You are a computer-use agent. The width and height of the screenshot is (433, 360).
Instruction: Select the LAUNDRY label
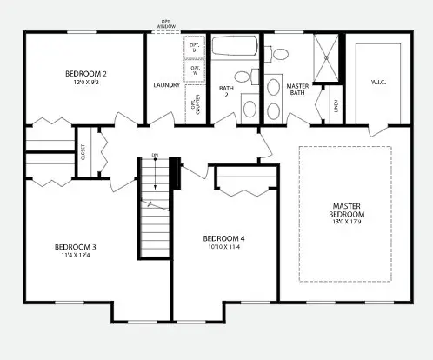[165, 85]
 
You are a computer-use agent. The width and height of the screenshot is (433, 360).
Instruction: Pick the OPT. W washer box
[195, 69]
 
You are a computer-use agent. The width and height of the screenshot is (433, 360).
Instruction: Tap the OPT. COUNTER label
[193, 105]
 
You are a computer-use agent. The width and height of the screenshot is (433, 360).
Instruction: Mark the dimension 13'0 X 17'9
[346, 223]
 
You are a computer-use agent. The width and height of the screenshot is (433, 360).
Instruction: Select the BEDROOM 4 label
[223, 238]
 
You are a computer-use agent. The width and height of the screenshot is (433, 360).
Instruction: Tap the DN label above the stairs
[156, 156]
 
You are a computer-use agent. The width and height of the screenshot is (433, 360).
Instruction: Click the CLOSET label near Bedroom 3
[83, 150]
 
